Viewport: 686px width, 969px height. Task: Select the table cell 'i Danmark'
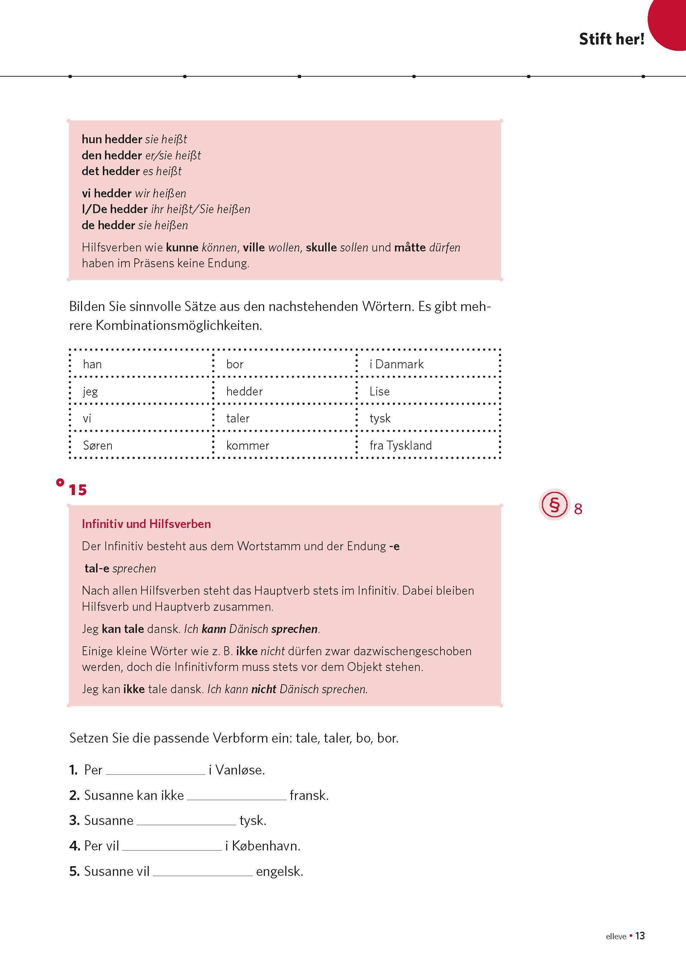coord(428,364)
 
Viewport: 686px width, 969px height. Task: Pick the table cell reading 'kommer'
coord(284,445)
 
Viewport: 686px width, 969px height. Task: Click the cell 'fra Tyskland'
coord(428,445)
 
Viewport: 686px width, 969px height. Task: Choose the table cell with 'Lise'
coord(428,391)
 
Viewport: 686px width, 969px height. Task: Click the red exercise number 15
coord(78,490)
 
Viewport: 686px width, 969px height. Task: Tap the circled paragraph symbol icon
coord(554,504)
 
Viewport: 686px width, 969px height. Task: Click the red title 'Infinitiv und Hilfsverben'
coord(146,524)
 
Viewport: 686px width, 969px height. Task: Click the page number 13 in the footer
coord(640,936)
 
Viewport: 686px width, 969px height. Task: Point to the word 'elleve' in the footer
coord(616,936)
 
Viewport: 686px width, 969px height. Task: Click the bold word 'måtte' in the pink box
coord(410,248)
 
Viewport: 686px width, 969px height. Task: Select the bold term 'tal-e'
coord(97,568)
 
